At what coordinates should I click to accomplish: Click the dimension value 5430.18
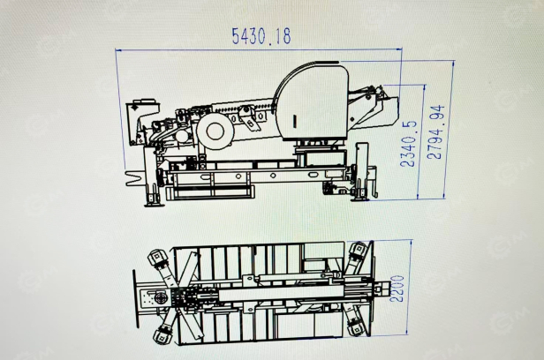click(x=261, y=35)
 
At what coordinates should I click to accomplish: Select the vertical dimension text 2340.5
click(x=408, y=144)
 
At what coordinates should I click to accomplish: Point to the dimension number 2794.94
click(x=435, y=132)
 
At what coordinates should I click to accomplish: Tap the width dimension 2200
click(x=397, y=289)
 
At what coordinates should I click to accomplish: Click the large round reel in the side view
click(x=215, y=131)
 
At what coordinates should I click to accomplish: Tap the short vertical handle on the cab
click(x=295, y=121)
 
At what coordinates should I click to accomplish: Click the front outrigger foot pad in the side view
click(x=154, y=204)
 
